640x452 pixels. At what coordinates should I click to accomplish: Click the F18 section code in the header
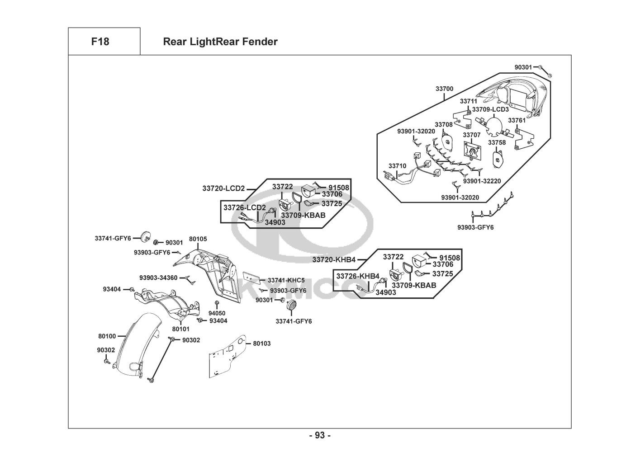pyautogui.click(x=100, y=42)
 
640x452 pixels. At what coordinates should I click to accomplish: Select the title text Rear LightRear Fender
pyautogui.click(x=220, y=42)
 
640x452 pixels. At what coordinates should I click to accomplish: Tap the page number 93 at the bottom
pyautogui.click(x=320, y=436)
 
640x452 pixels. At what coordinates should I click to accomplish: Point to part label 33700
pyautogui.click(x=444, y=89)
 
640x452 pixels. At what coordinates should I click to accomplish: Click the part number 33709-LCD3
pyautogui.click(x=490, y=109)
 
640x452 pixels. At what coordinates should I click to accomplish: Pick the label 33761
pyautogui.click(x=517, y=120)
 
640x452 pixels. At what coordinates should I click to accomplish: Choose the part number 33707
pyautogui.click(x=472, y=135)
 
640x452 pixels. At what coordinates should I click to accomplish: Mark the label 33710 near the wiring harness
pyautogui.click(x=398, y=166)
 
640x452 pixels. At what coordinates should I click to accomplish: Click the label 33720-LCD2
pyautogui.click(x=223, y=188)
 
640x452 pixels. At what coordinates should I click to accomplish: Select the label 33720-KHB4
pyautogui.click(x=334, y=259)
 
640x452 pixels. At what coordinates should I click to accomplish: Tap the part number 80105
pyautogui.click(x=198, y=239)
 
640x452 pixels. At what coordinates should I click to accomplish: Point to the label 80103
pyautogui.click(x=262, y=344)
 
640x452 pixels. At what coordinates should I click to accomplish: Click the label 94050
pyautogui.click(x=217, y=313)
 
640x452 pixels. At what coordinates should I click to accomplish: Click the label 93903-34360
pyautogui.click(x=158, y=278)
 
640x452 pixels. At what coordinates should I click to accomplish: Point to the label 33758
pyautogui.click(x=497, y=142)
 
